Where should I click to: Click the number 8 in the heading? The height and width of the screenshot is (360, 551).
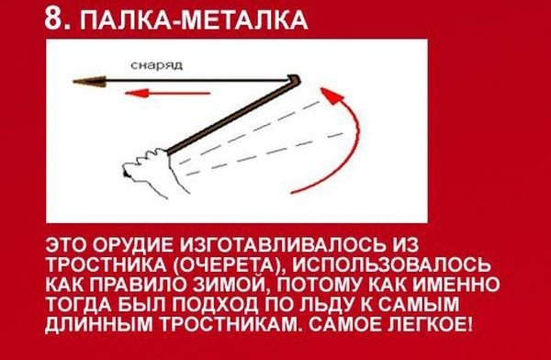click(x=54, y=18)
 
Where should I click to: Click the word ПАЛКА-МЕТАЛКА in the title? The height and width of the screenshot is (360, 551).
click(x=194, y=19)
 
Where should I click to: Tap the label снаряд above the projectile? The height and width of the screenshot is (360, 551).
click(x=156, y=66)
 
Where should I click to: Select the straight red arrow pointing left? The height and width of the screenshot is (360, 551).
click(x=168, y=94)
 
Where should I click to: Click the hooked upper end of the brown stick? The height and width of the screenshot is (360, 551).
click(x=294, y=80)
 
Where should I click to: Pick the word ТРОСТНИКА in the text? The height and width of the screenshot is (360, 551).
click(x=107, y=264)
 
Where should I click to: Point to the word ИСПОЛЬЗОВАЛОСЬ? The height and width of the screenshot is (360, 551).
click(x=391, y=264)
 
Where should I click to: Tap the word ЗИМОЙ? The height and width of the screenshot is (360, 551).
click(x=232, y=285)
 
